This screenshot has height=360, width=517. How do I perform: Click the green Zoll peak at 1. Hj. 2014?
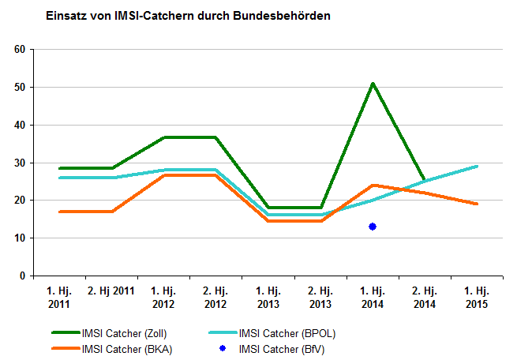(372, 84)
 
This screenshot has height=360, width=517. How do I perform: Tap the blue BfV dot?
(372, 227)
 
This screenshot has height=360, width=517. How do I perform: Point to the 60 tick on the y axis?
(21, 49)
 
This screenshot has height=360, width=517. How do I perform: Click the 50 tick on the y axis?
(21, 87)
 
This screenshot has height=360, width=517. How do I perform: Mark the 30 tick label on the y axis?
(21, 163)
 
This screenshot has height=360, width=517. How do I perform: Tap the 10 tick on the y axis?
(21, 238)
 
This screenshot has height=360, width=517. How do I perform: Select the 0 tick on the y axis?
(23, 276)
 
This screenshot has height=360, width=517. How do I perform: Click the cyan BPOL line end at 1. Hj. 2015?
(476, 167)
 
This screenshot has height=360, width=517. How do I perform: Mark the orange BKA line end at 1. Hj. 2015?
(476, 204)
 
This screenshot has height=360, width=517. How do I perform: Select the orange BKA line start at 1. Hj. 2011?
(60, 212)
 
